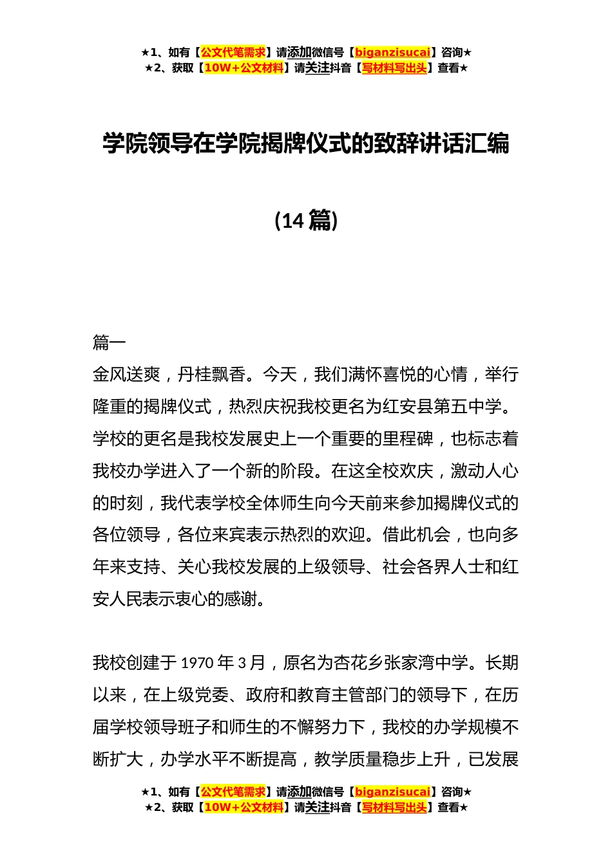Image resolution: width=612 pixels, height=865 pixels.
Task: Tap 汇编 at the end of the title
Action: pos(487,144)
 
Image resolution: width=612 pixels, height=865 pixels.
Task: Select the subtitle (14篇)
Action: pos(306,220)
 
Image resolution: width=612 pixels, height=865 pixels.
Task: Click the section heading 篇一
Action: pos(110,342)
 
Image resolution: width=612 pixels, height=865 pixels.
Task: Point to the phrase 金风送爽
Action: pos(126,375)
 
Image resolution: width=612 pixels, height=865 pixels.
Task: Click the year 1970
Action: pos(197,663)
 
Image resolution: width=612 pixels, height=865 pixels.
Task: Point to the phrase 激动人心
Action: pos(484,471)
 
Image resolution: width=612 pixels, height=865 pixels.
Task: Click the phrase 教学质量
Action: pos(348,759)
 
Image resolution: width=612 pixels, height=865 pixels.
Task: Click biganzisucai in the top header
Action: pos(392,53)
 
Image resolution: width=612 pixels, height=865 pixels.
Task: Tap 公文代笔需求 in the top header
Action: pos(233,53)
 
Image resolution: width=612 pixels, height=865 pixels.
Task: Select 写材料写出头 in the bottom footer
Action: pos(394,807)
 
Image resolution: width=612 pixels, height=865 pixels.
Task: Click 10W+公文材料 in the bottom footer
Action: pos(244,807)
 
